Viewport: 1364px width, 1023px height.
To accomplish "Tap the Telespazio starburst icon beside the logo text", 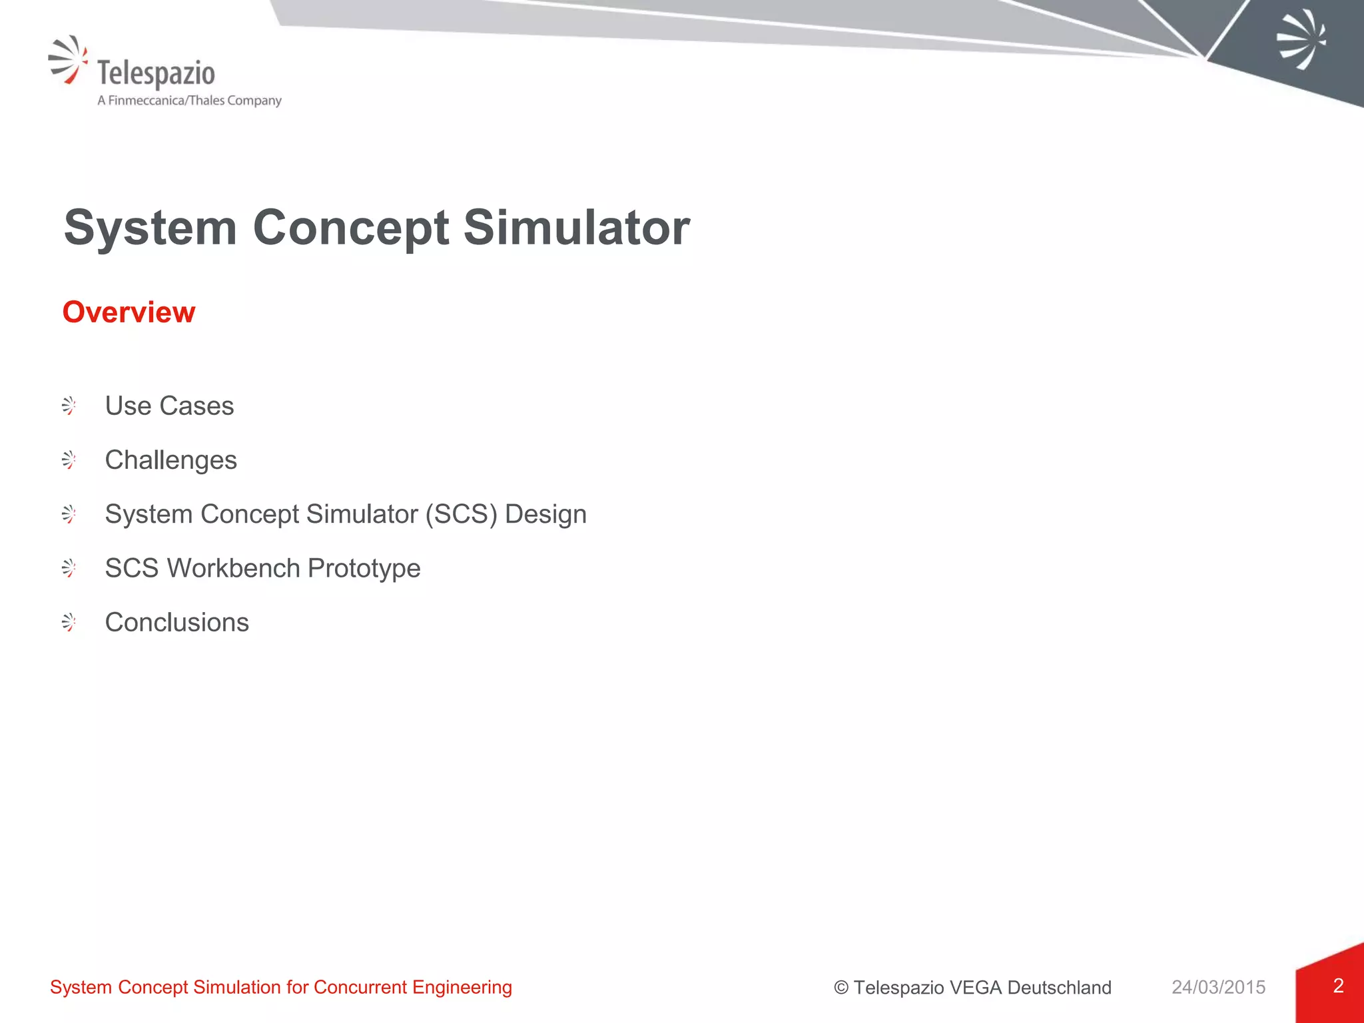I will coord(68,59).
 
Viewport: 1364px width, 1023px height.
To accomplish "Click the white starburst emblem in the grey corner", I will coord(1301,39).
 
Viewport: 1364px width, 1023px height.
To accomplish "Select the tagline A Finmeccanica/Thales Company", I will coord(189,101).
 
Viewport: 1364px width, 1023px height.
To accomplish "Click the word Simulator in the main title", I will coord(576,228).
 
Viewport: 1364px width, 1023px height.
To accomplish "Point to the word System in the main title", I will coord(151,228).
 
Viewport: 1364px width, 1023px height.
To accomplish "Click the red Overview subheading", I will coord(129,312).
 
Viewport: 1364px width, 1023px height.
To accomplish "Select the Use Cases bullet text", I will coord(169,406).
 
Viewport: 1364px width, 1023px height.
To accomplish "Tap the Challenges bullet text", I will coord(170,460).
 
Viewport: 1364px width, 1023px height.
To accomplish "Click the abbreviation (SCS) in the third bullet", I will coord(461,514).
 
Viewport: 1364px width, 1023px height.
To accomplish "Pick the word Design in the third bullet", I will coord(545,514).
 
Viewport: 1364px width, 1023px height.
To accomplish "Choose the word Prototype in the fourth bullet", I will coord(364,569).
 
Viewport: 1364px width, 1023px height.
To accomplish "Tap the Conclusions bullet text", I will coord(176,622).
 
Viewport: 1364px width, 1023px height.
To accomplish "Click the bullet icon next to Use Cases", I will coord(69,406).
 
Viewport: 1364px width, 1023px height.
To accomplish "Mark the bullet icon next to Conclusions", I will coord(69,622).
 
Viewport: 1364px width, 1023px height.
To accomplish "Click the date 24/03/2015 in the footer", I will coord(1218,987).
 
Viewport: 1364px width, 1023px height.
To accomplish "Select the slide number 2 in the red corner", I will coord(1338,986).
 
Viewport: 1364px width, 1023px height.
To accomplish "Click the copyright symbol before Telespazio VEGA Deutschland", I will coord(841,988).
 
